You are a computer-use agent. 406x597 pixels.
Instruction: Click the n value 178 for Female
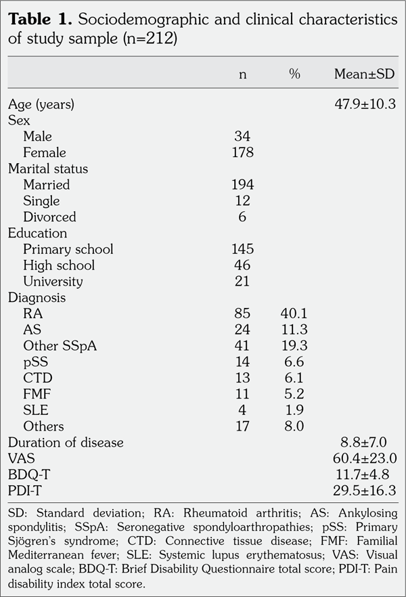[242, 152]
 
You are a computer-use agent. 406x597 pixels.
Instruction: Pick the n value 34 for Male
[242, 136]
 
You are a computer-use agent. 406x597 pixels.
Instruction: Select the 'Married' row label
[46, 185]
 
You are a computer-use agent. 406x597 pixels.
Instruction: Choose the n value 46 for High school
[242, 265]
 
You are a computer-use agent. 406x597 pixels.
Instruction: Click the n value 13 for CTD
[242, 378]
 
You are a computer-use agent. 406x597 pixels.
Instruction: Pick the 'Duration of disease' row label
[66, 443]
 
